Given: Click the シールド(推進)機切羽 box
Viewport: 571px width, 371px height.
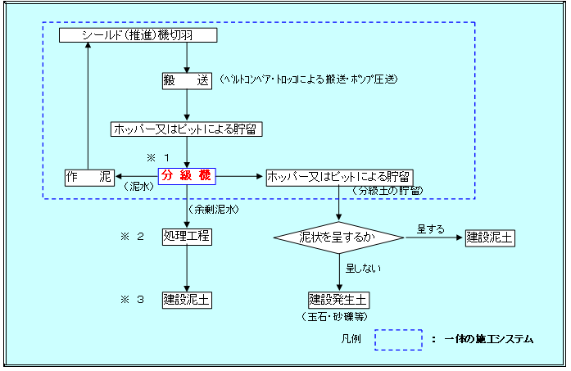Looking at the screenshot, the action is (x=138, y=35).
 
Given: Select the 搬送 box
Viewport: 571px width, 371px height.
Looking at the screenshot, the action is (x=187, y=80).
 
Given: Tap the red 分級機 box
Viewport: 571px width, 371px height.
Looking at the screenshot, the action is (x=187, y=176).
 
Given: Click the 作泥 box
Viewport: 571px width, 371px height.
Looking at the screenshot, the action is (x=89, y=178).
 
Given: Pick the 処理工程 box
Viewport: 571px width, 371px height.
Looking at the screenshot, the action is (x=187, y=237).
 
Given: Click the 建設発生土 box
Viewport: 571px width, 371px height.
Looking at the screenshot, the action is (x=338, y=301).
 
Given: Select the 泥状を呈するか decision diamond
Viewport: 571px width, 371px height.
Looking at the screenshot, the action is (x=338, y=238).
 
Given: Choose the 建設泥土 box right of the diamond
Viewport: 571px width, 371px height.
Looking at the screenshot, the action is (x=490, y=238).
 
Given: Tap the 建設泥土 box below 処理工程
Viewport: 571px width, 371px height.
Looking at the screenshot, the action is (x=187, y=300).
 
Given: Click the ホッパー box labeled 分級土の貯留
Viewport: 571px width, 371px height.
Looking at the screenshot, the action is (x=339, y=178).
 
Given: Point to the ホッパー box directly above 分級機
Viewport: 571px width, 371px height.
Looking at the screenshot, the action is (x=187, y=129).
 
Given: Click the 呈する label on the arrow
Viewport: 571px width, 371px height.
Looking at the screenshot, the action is (x=431, y=229).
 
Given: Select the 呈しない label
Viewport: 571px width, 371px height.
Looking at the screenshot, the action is (x=363, y=269).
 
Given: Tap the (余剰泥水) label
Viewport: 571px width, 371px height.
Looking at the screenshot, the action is (x=213, y=210).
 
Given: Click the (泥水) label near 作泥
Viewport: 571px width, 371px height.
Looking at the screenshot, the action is (x=138, y=187).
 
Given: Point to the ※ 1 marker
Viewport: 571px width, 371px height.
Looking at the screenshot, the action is (x=158, y=157).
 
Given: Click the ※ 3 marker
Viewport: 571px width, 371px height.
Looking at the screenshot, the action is (x=132, y=300).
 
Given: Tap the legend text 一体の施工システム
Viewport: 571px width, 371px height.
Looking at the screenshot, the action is (x=489, y=339).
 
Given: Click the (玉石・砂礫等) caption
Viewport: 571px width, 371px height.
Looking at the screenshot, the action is (x=335, y=317).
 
